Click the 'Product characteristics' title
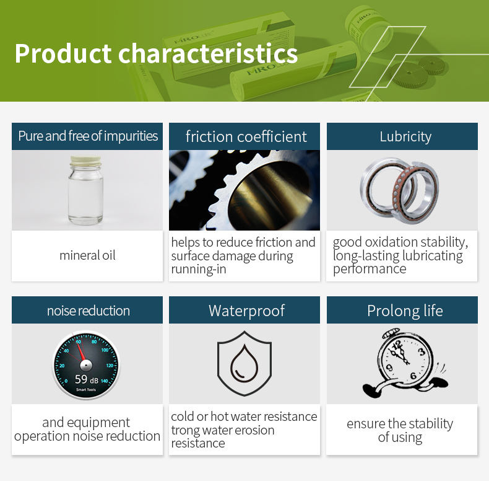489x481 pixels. click(156, 53)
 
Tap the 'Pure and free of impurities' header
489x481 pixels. click(88, 136)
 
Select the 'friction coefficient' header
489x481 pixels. click(246, 136)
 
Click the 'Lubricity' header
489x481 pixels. click(405, 136)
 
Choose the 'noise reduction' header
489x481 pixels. click(89, 311)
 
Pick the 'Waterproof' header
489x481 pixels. click(246, 311)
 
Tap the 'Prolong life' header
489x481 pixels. click(405, 311)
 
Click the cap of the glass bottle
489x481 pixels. click(86, 161)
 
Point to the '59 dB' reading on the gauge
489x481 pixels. click(87, 379)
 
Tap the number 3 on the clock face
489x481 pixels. click(422, 351)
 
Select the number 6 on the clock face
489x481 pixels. click(413, 376)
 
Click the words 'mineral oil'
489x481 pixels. click(87, 255)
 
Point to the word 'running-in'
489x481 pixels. click(199, 269)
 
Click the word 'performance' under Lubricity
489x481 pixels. click(370, 269)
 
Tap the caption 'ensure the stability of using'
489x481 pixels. click(400, 430)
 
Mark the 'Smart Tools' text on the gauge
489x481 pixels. click(86, 389)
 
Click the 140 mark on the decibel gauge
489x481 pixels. click(104, 381)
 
